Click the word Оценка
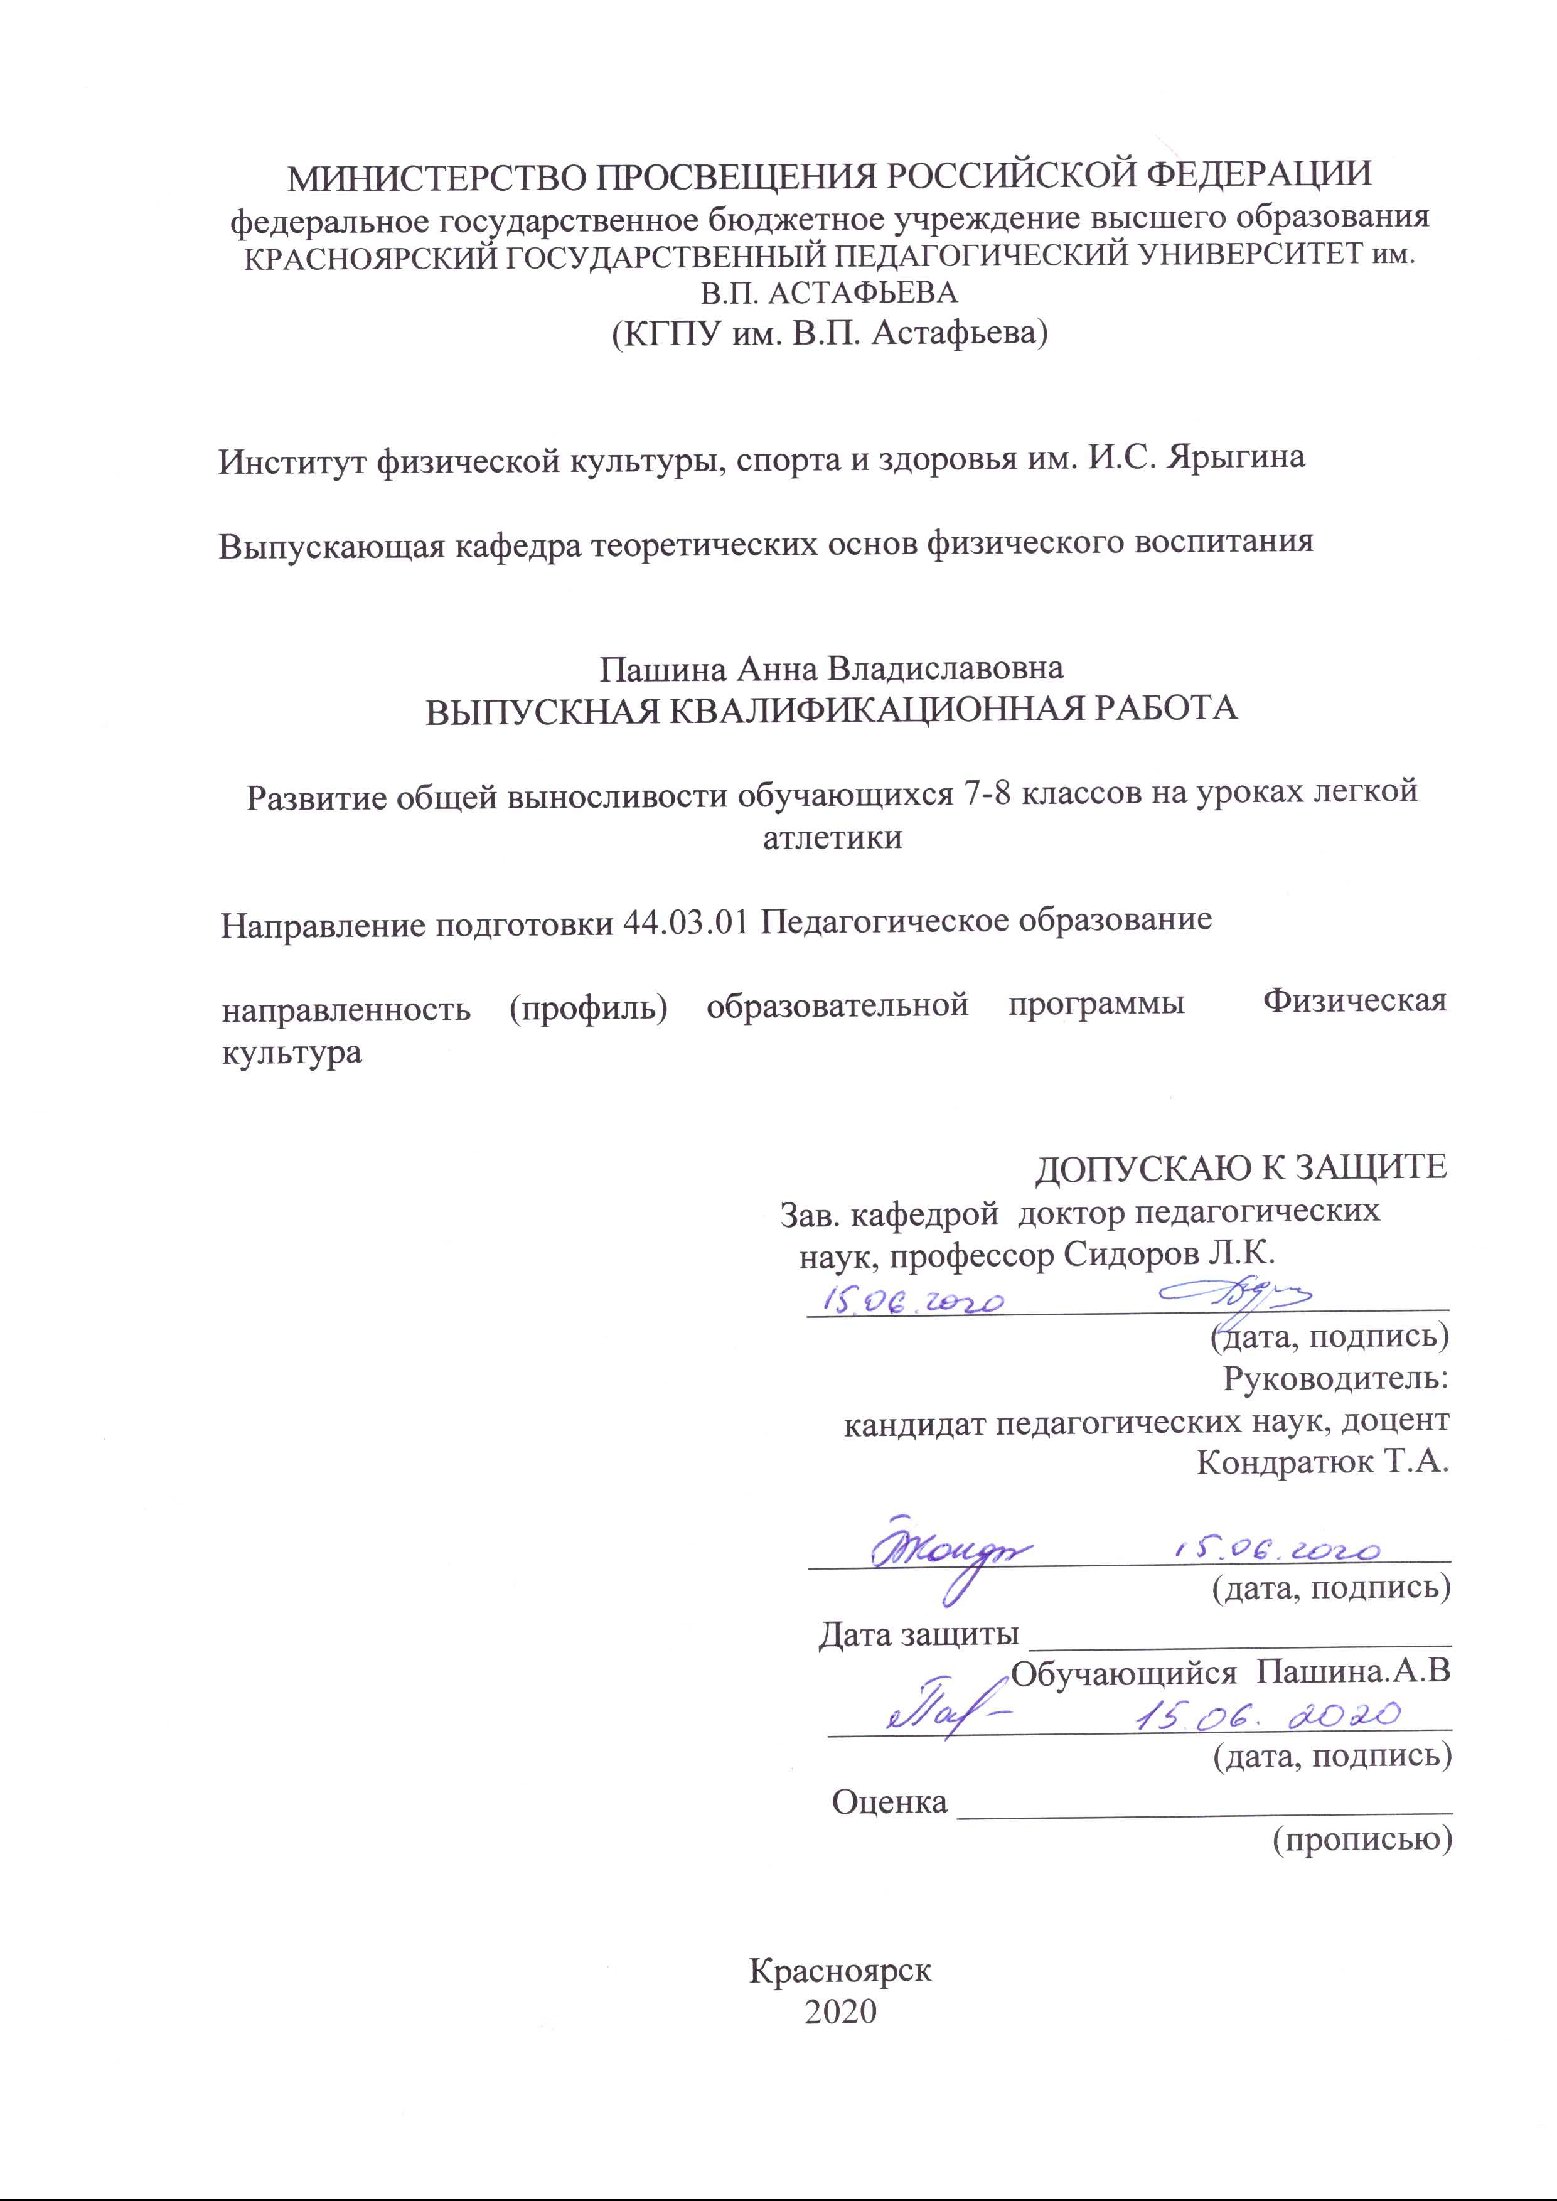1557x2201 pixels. (889, 1802)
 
